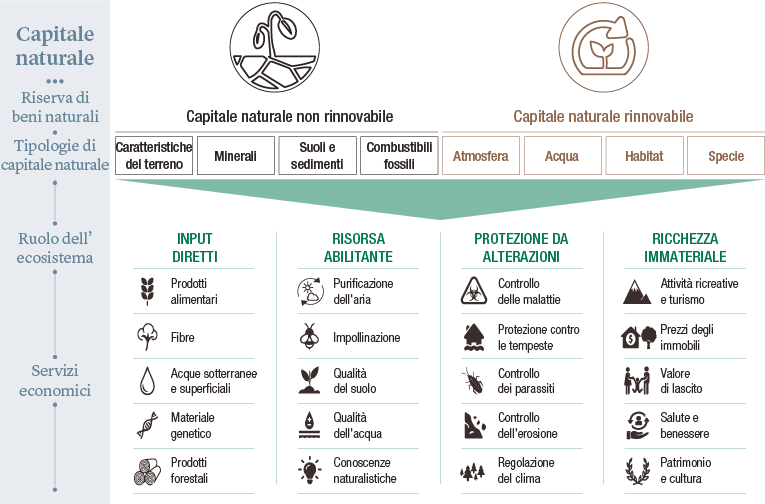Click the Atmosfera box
click(481, 156)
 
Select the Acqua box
click(562, 156)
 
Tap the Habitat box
click(644, 156)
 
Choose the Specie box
click(726, 156)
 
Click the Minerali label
click(235, 157)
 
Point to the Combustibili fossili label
click(399, 156)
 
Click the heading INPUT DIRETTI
click(195, 248)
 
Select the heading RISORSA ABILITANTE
click(358, 248)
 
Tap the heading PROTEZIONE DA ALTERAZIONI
click(521, 248)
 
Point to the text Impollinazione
click(367, 338)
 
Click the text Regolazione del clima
click(527, 471)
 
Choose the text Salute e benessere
click(685, 426)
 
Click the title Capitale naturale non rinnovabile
click(290, 116)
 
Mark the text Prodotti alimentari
click(194, 291)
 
